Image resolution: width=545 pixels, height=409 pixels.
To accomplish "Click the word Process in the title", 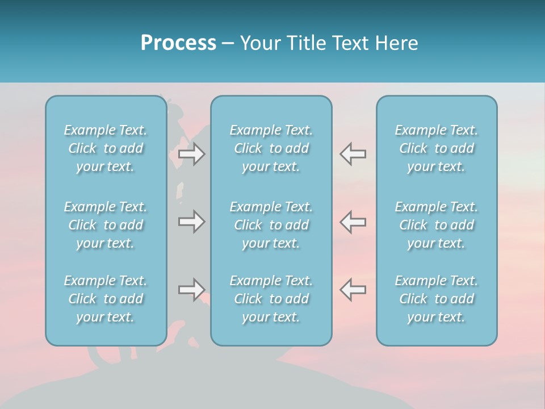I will (x=178, y=43).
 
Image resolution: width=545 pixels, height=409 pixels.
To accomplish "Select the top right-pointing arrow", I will (x=191, y=155).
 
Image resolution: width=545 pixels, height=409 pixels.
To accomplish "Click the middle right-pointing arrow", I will (x=191, y=222).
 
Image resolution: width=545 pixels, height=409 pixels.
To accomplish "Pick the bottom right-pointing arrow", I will (x=191, y=290).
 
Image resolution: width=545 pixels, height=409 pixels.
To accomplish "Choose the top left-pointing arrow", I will (x=353, y=155).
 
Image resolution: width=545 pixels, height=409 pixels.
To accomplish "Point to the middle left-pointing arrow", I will (x=353, y=222).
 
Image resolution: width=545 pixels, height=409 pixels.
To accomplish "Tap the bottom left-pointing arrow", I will (x=353, y=290).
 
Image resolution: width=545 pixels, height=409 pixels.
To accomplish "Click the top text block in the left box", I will (x=106, y=148).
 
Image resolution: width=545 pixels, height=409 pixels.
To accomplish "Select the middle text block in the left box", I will (x=106, y=225).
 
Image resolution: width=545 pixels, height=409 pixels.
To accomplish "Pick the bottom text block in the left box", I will (x=106, y=299).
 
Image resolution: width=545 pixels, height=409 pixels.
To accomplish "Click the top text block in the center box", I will (x=271, y=148).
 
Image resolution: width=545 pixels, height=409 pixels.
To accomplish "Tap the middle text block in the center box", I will (x=271, y=225).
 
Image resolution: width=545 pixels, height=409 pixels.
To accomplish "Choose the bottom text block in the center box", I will (x=271, y=299).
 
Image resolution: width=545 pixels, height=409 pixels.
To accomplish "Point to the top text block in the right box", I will (x=437, y=148).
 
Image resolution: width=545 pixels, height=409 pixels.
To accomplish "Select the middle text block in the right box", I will (x=437, y=225).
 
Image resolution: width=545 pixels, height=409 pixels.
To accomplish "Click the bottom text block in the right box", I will (x=437, y=299).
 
